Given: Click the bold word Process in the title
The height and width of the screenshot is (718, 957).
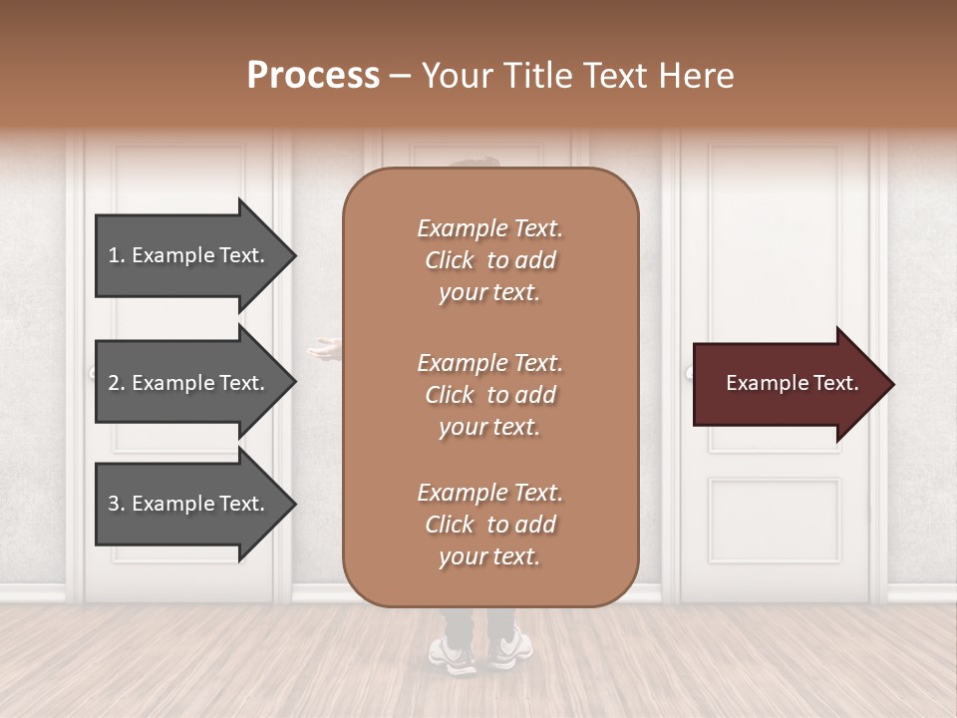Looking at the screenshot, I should click(313, 76).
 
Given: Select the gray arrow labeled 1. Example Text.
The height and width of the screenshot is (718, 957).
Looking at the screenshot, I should click(189, 255).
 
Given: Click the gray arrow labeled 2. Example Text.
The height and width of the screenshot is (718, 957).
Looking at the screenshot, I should click(189, 383).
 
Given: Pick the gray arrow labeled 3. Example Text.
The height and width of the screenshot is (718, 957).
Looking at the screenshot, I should click(189, 504).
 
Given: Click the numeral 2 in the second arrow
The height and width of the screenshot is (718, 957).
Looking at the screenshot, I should click(114, 383).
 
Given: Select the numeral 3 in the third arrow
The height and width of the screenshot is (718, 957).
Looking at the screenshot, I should click(114, 504).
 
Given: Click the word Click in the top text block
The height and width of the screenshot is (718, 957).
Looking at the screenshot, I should click(449, 260).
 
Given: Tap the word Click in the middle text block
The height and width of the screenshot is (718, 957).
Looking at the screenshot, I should click(449, 395).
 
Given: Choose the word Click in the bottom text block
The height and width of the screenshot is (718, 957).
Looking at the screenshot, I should click(449, 525).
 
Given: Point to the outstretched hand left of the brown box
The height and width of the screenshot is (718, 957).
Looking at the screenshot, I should click(324, 348).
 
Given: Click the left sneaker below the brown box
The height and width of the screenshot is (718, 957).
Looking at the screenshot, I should click(453, 653).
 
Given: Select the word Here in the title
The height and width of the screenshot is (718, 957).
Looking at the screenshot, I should click(697, 76).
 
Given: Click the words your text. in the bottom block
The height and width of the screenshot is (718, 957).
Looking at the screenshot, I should click(489, 556).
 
